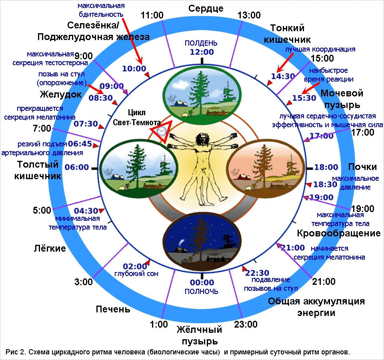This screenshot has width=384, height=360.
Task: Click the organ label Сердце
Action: (206, 9)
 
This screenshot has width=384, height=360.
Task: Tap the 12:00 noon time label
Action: (202, 52)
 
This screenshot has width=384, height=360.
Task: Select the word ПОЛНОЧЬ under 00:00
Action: (201, 292)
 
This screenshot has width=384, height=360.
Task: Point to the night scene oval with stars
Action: (202, 241)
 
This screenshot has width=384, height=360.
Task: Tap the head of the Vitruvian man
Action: (202, 139)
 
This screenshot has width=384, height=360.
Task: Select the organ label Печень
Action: (113, 309)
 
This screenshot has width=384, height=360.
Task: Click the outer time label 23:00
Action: (246, 324)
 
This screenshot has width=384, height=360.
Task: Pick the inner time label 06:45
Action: (80, 144)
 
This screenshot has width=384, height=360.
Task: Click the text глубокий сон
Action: (136, 274)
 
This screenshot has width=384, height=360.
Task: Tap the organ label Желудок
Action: (61, 94)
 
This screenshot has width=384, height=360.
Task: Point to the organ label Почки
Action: (362, 167)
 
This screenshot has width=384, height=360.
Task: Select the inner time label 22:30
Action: (257, 273)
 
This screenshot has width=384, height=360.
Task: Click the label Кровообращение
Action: (339, 233)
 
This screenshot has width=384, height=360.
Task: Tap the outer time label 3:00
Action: (84, 282)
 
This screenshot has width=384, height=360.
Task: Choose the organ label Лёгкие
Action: (50, 248)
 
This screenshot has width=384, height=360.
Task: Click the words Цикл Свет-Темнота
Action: (137, 117)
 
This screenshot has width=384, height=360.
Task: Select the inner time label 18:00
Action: (326, 167)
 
